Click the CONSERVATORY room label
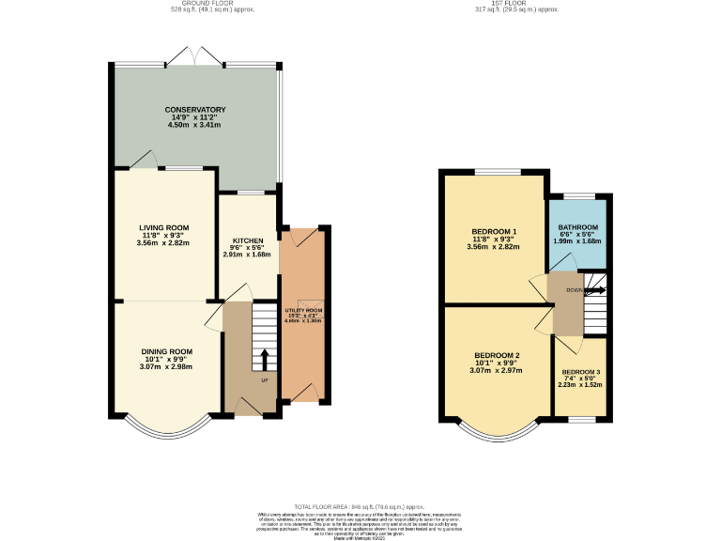tap(194, 110)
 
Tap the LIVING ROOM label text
tap(164, 227)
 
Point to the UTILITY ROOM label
tap(303, 310)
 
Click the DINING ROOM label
tap(166, 351)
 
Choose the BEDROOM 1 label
tap(494, 231)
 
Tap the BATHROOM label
tap(578, 227)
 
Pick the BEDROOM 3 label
tap(580, 373)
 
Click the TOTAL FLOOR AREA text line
tap(360, 506)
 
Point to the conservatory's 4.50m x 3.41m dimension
tap(194, 124)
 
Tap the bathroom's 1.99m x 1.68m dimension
tap(578, 240)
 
